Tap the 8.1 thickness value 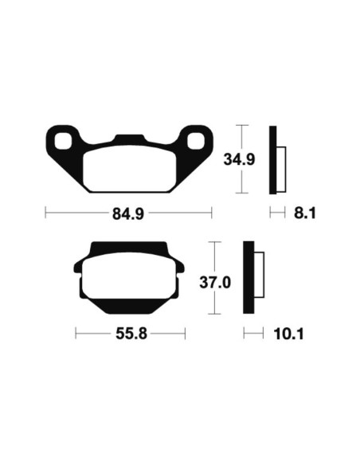coord(305,213)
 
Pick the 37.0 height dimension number coord(214,282)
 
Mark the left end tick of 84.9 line coord(45,213)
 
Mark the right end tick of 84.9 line coord(212,213)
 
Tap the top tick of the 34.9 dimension coord(244,126)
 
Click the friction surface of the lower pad coord(130,280)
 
